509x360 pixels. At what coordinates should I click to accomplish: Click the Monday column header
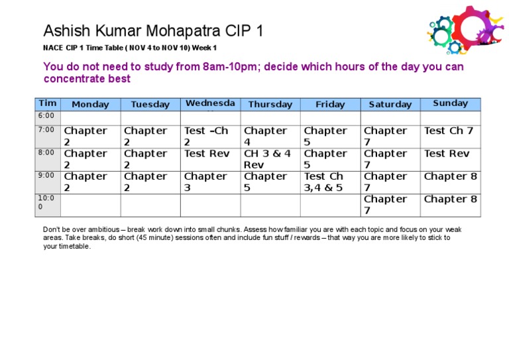coord(90,104)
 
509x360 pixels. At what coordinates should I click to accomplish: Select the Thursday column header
coord(270,104)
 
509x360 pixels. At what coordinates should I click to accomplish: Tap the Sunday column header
coord(450,103)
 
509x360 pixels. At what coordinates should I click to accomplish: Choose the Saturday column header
coord(390,104)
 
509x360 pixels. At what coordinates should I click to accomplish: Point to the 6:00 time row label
coord(46,116)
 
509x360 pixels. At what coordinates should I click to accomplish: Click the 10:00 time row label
coord(46,202)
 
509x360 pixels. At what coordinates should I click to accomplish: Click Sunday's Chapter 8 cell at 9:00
coord(450,176)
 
